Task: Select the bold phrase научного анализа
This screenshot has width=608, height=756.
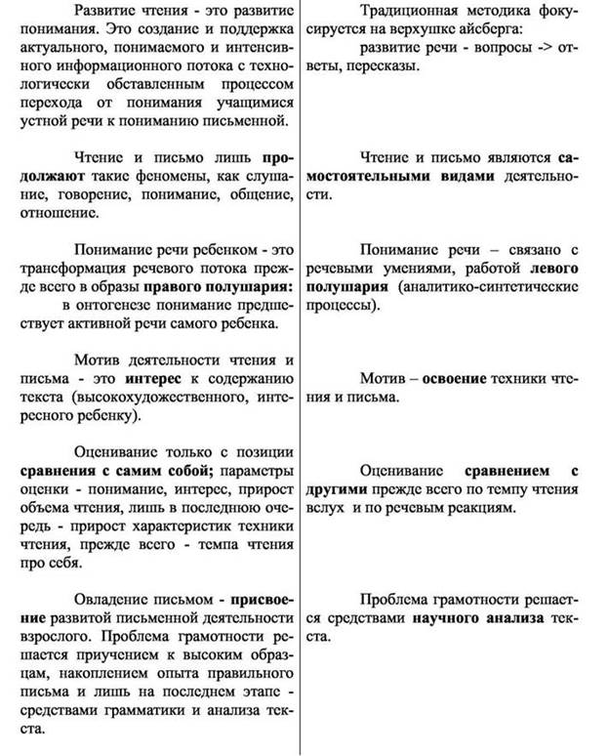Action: (471, 618)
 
